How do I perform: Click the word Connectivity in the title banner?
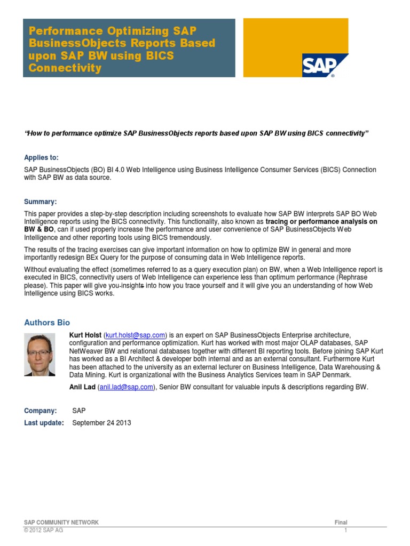pyautogui.click(x=65, y=68)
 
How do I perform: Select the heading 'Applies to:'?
pyautogui.click(x=42, y=157)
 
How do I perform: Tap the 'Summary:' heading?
pyautogui.click(x=40, y=202)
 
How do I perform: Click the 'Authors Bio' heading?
pyautogui.click(x=47, y=323)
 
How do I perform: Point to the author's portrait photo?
pyautogui.click(x=40, y=355)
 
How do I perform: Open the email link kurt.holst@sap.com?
pyautogui.click(x=136, y=334)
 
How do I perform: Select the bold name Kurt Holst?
pyautogui.click(x=85, y=334)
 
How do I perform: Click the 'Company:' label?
pyautogui.click(x=41, y=411)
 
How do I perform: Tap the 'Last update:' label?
pyautogui.click(x=44, y=423)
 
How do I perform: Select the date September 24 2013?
pyautogui.click(x=101, y=423)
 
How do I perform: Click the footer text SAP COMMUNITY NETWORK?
pyautogui.click(x=61, y=523)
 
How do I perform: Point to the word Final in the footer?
pyautogui.click(x=341, y=523)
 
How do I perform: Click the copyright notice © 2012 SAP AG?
pyautogui.click(x=44, y=531)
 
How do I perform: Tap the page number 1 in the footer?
pyautogui.click(x=346, y=531)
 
